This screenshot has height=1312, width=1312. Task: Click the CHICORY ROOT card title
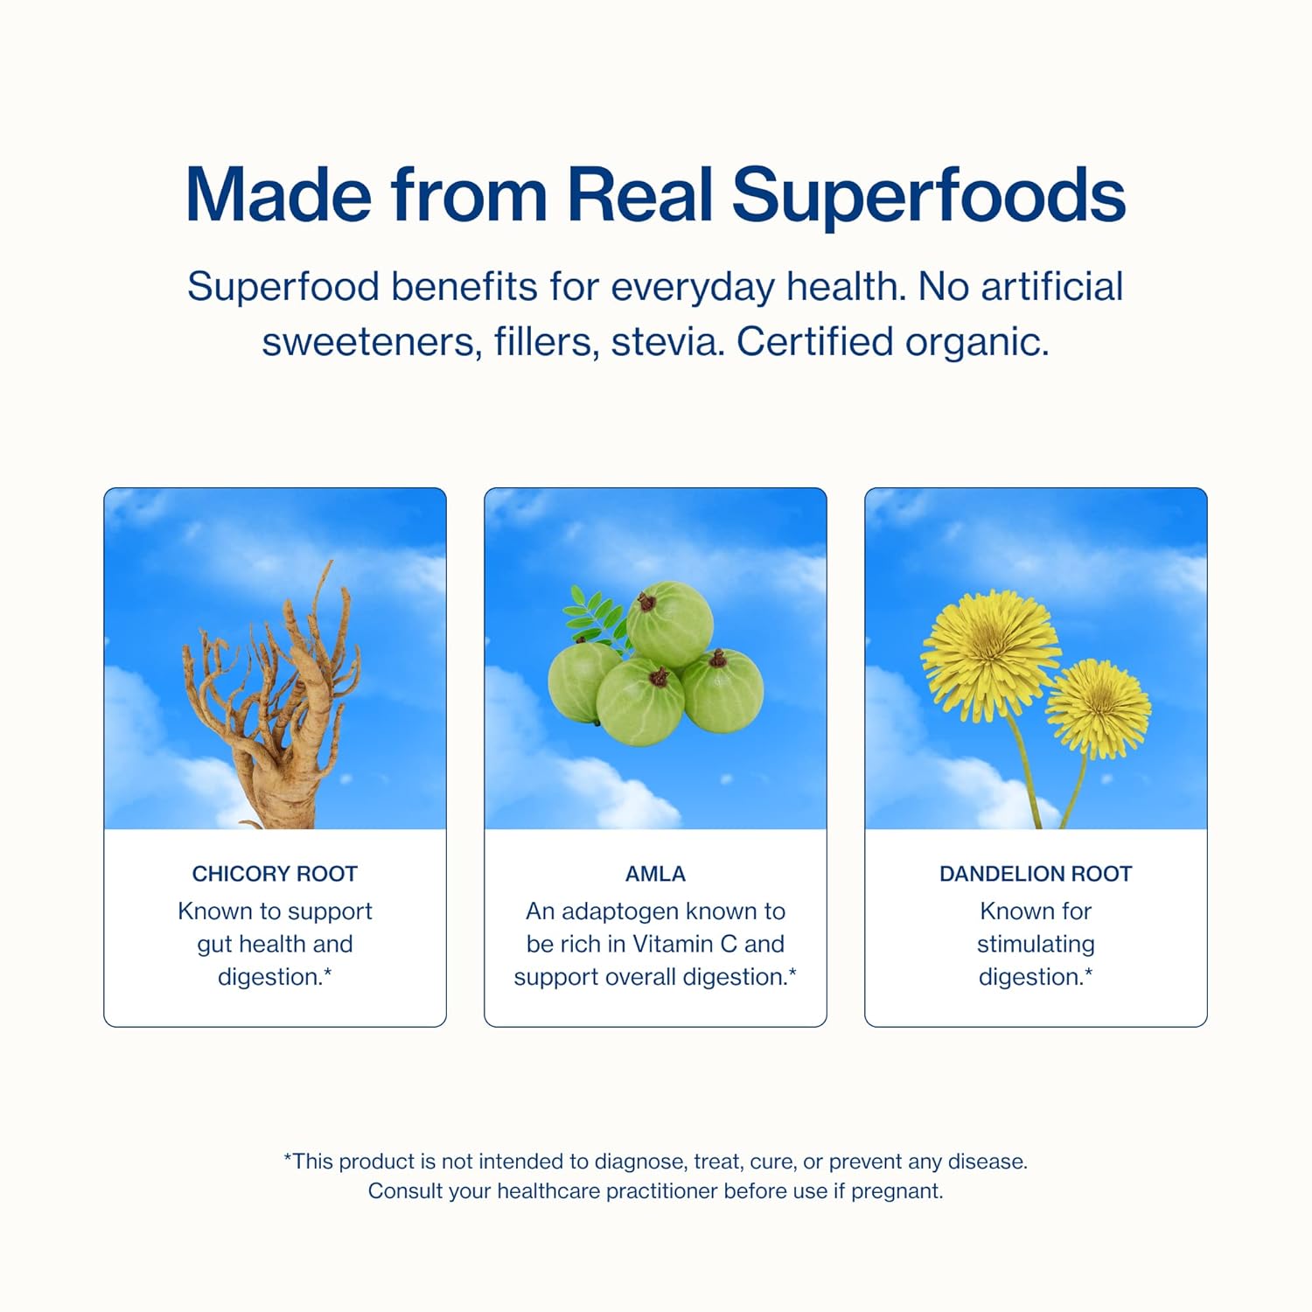coord(275,874)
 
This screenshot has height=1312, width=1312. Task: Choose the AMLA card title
coord(655,874)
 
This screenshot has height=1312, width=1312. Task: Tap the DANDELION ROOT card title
coord(1036,874)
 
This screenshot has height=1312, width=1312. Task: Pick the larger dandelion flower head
coord(990,653)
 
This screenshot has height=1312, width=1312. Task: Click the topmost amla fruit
coord(670,625)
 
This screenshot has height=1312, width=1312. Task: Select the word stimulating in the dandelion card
coord(1036,945)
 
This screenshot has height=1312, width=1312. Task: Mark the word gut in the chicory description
coord(213,945)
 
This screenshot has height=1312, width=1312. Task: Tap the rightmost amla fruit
coord(722,692)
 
